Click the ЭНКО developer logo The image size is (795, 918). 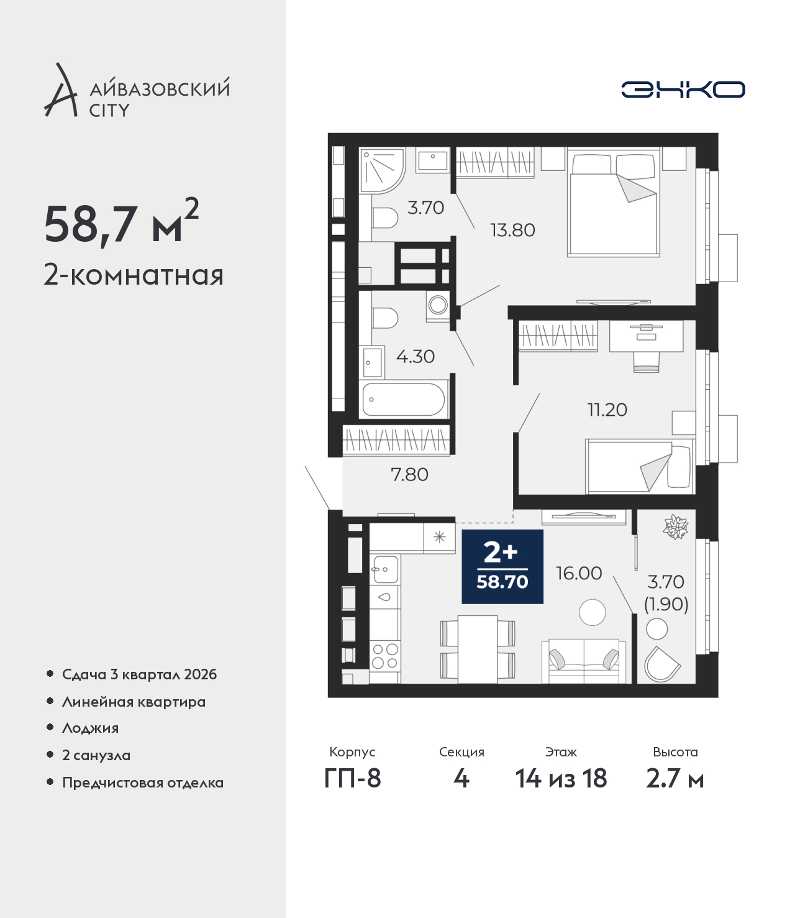tap(683, 90)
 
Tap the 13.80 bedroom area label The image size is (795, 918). tap(512, 230)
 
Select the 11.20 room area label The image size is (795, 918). tap(607, 410)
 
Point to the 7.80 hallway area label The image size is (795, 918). tap(409, 474)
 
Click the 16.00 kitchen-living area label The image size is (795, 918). tap(579, 573)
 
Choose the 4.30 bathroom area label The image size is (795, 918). tap(415, 356)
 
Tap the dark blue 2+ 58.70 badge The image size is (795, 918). tap(502, 566)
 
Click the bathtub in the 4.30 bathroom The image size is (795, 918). tap(403, 400)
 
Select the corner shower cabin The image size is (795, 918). tap(382, 170)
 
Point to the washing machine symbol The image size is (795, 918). tap(438, 306)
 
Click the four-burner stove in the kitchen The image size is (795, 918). tap(385, 656)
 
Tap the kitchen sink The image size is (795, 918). tap(385, 569)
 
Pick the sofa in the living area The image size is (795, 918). tap(584, 661)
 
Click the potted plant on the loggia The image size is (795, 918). tap(675, 526)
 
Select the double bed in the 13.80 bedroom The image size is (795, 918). tap(614, 203)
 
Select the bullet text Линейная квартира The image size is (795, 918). tap(134, 702)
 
